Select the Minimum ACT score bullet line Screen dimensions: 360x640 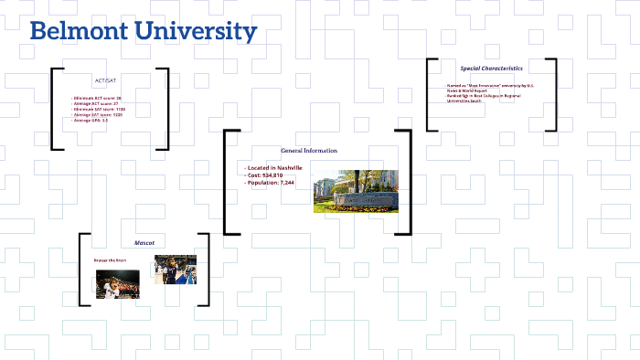[97, 98]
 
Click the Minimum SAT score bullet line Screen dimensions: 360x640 [99, 109]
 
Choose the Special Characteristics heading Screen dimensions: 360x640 [491, 68]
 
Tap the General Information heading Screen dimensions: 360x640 [308, 150]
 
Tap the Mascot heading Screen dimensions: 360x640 [144, 243]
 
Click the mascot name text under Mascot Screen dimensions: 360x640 [110, 260]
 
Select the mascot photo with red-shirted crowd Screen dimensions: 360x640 [118, 284]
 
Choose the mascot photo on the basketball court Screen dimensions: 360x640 [175, 270]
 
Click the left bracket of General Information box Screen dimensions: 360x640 [228, 183]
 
